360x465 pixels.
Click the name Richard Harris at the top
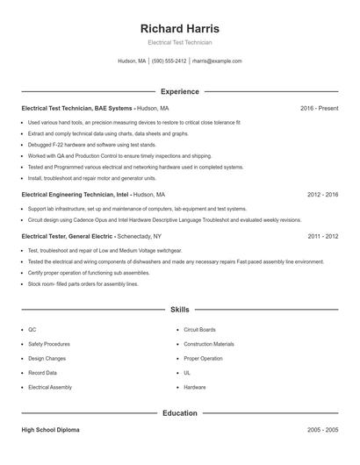coord(179,28)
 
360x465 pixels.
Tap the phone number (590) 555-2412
coord(169,61)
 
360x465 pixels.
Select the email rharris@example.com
coord(217,61)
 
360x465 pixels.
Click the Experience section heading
coord(179,91)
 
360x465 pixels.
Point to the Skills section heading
coord(179,310)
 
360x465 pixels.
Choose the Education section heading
coord(179,412)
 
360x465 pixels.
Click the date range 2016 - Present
coord(319,108)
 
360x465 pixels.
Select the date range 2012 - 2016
coord(322,195)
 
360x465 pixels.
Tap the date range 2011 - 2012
coord(322,237)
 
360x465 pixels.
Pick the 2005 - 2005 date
coord(322,431)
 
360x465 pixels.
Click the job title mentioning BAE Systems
coord(77,108)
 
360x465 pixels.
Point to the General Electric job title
coord(67,237)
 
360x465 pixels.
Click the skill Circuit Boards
coord(199,330)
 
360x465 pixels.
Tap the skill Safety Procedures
coord(49,344)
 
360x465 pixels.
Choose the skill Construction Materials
coord(209,344)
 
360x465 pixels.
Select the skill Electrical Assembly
coord(50,387)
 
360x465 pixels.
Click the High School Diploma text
coord(51,431)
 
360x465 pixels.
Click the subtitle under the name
coord(179,42)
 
